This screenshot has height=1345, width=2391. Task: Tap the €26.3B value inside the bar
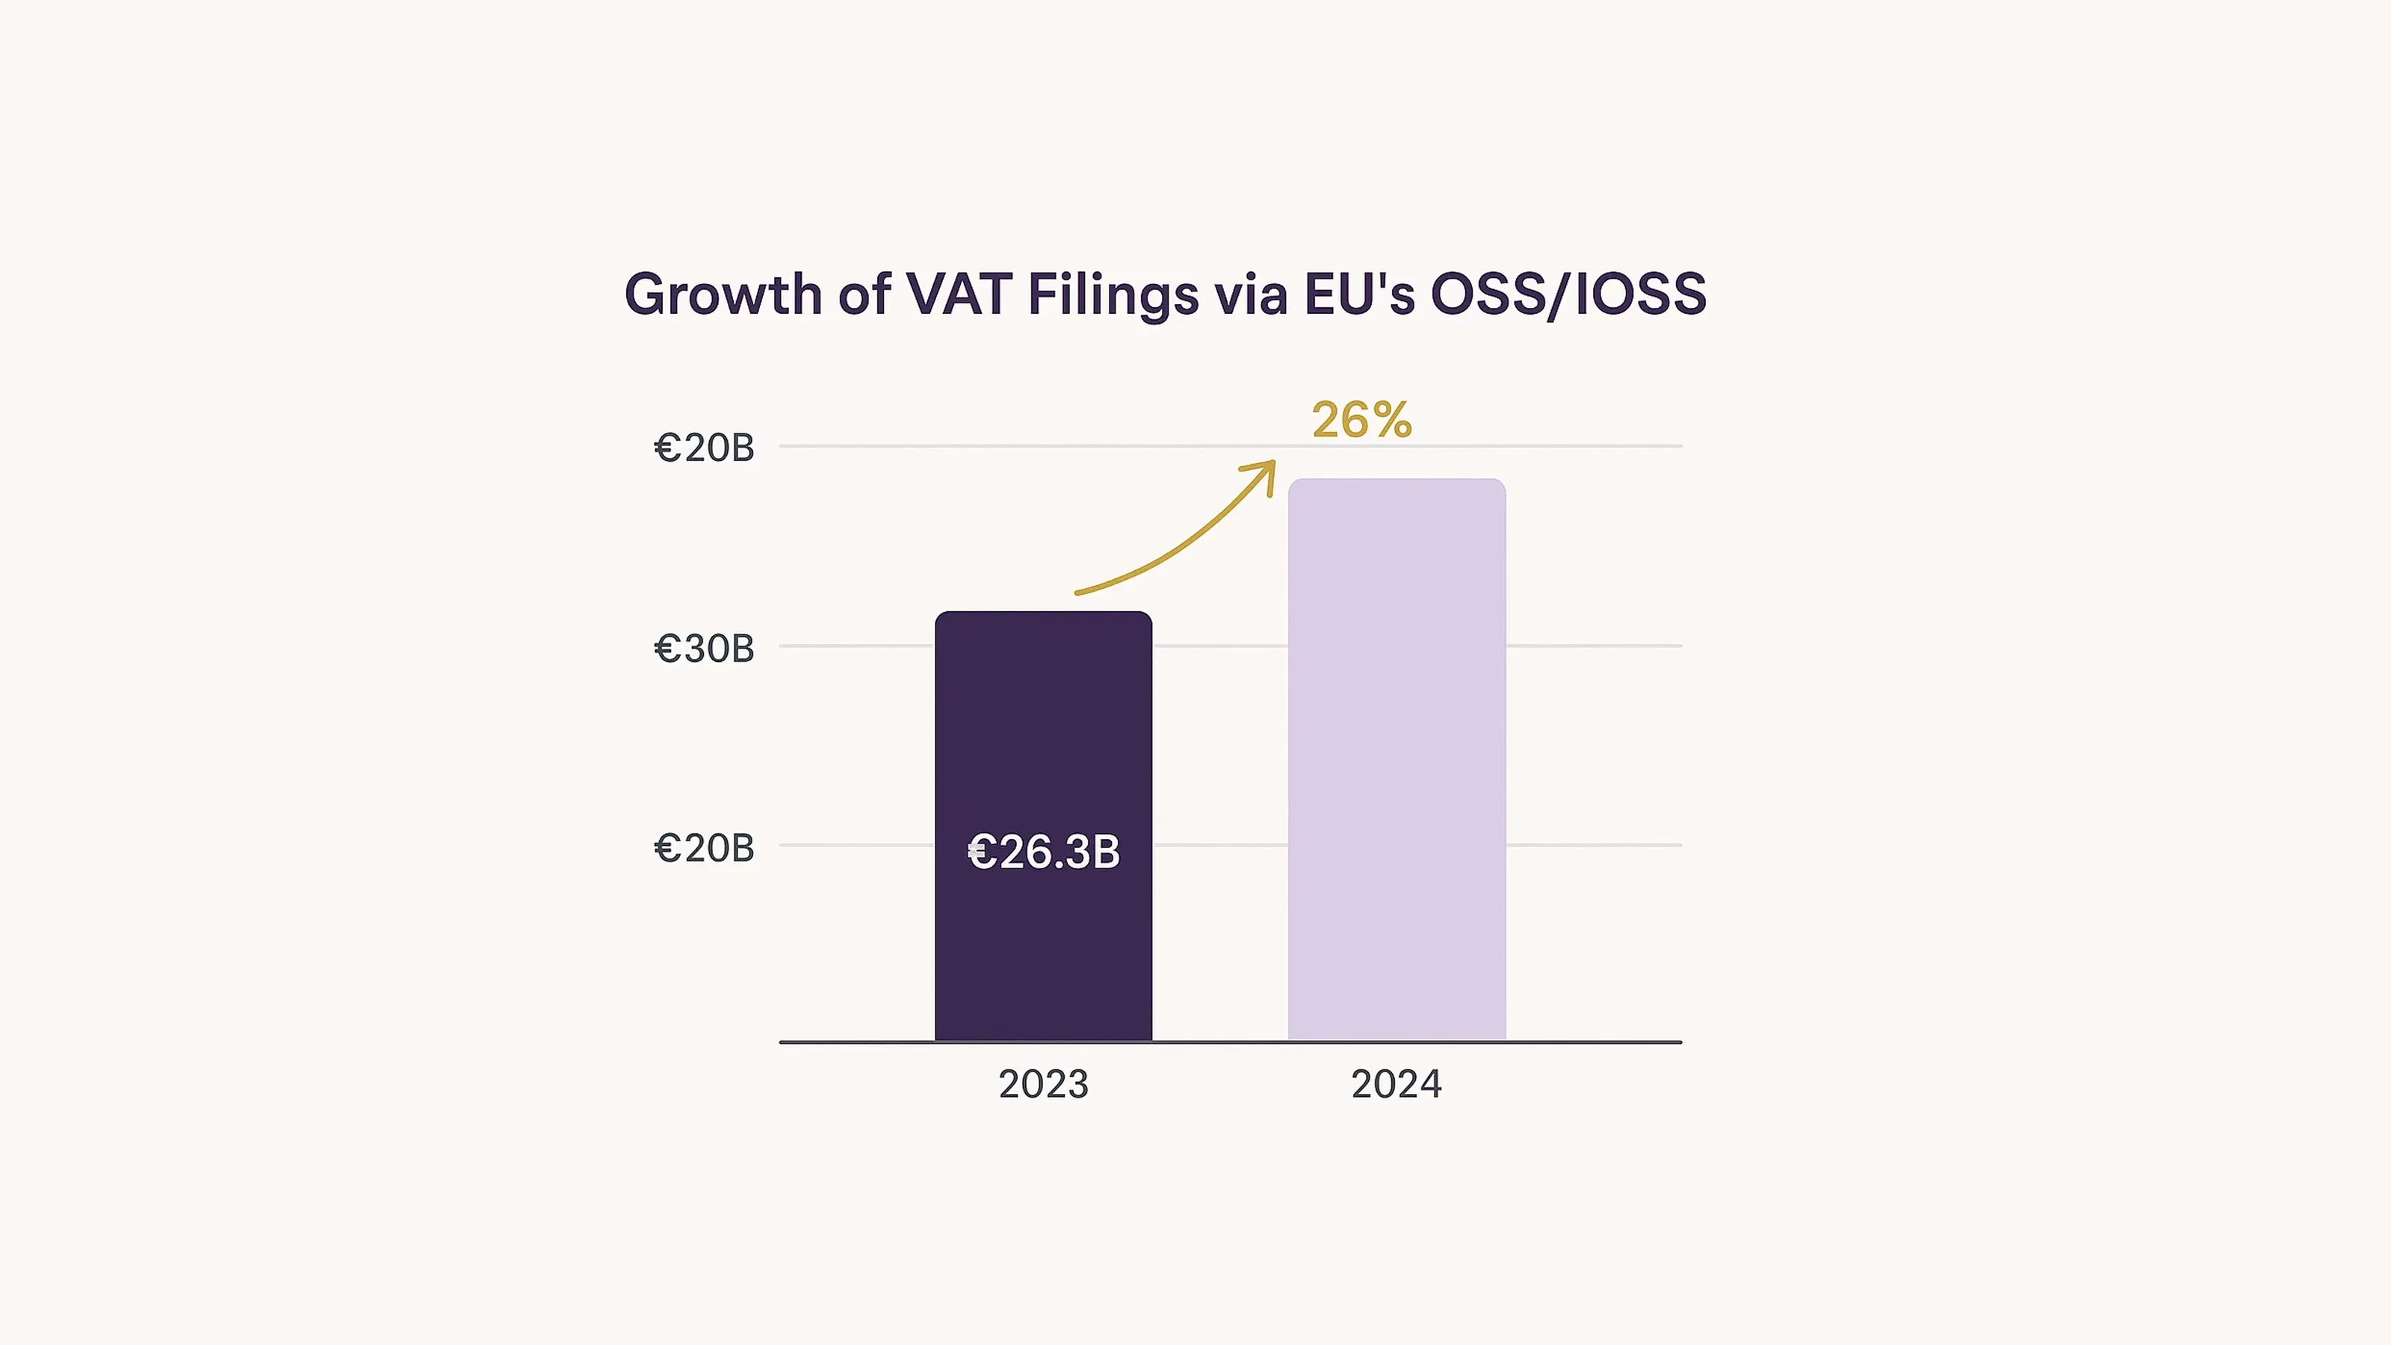pos(1043,852)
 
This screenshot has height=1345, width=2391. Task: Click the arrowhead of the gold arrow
pos(1267,470)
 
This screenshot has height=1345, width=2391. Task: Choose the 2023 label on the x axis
pos(1043,1084)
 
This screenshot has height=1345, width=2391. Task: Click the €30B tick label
pos(704,649)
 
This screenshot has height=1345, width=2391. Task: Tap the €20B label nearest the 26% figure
pos(704,448)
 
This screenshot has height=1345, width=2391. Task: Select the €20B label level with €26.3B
pos(704,848)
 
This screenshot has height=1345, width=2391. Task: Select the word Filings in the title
pos(1112,295)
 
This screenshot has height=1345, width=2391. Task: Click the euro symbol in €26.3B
pos(981,852)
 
